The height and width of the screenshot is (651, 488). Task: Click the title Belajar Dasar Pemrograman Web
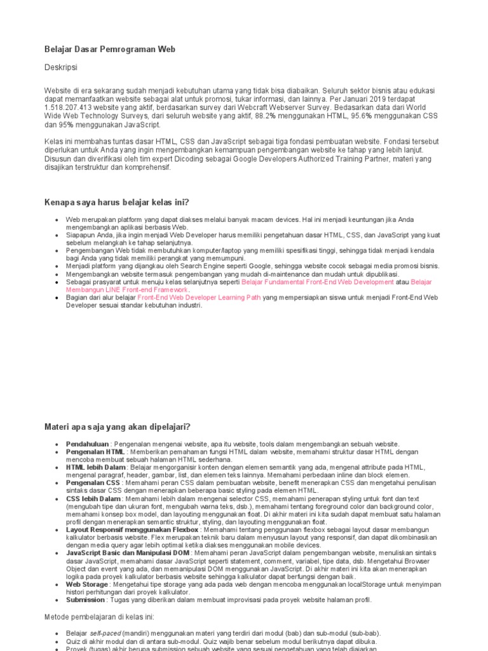coord(110,49)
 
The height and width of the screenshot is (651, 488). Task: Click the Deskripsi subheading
coord(61,67)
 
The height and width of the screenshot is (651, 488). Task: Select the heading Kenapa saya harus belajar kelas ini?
coord(117,203)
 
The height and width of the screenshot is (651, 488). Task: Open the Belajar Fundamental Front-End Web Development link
coord(318,282)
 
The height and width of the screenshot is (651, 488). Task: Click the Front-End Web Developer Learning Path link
coord(199,297)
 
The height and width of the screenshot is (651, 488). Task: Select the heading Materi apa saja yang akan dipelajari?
coord(118,427)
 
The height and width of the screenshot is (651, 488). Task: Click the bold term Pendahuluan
coord(87,444)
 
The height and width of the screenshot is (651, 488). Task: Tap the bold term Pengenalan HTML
coord(95,451)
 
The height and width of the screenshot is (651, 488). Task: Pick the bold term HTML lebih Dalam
coord(96,467)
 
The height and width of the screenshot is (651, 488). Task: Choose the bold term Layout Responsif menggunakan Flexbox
coord(133,529)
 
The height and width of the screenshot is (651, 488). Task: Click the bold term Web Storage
coord(87,584)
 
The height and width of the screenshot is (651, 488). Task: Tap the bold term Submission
coord(86,600)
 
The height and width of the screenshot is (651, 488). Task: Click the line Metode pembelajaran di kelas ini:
coord(99,617)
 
